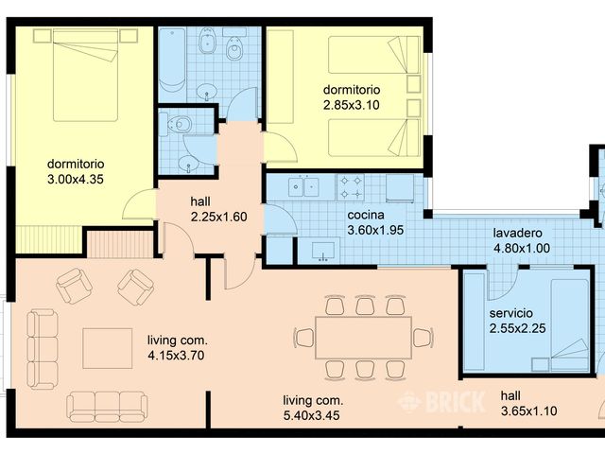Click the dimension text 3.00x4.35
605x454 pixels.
pos(75,178)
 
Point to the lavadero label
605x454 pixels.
pos(522,234)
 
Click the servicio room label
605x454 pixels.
pos(511,313)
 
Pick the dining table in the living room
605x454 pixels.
pos(363,337)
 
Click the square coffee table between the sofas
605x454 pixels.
pos(107,347)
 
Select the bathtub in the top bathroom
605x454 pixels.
pos(172,59)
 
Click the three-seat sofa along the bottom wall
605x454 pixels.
pos(107,407)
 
